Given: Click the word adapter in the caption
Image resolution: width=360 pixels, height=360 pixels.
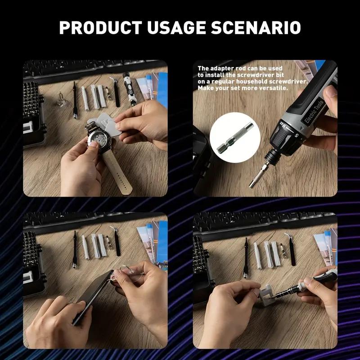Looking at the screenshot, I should pyautogui.click(x=221, y=69).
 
